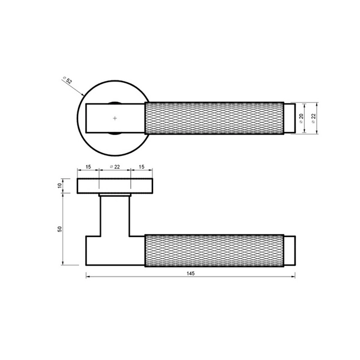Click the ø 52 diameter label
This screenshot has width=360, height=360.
(x=68, y=80)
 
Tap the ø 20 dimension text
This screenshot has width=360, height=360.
(x=301, y=118)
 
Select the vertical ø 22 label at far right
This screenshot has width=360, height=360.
(x=314, y=118)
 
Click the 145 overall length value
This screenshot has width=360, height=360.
(x=191, y=273)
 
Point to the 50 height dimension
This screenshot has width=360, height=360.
(x=59, y=229)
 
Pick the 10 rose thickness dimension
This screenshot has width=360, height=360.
(x=59, y=185)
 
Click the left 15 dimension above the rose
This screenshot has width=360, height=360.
(x=88, y=167)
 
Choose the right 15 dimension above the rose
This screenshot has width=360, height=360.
(x=142, y=167)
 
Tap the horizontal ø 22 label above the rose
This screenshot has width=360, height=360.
(x=115, y=167)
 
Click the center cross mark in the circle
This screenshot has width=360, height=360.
(x=115, y=118)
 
